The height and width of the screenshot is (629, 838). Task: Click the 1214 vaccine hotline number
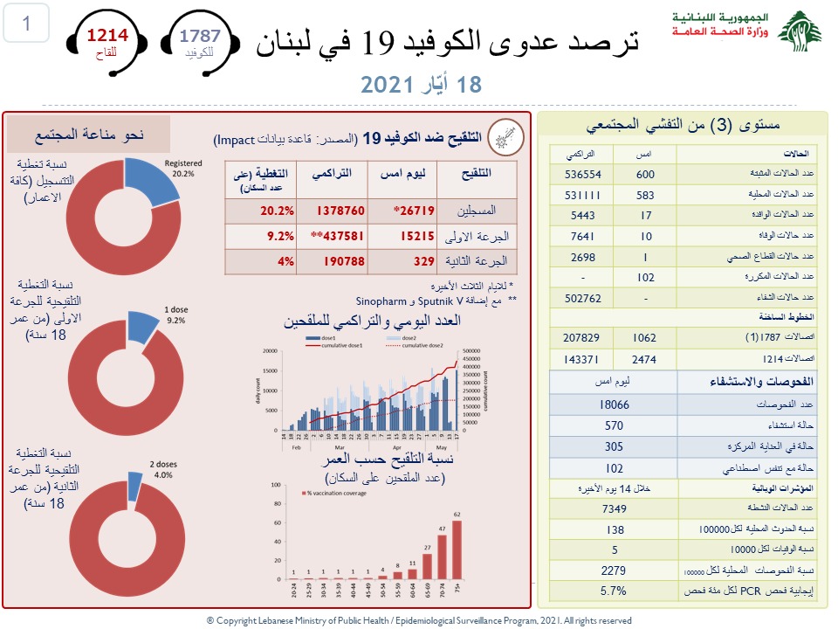(x=106, y=36)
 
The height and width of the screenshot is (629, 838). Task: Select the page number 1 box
(x=27, y=24)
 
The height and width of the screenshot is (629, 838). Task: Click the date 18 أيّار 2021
(x=421, y=85)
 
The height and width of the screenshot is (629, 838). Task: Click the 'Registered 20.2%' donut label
(x=183, y=167)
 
